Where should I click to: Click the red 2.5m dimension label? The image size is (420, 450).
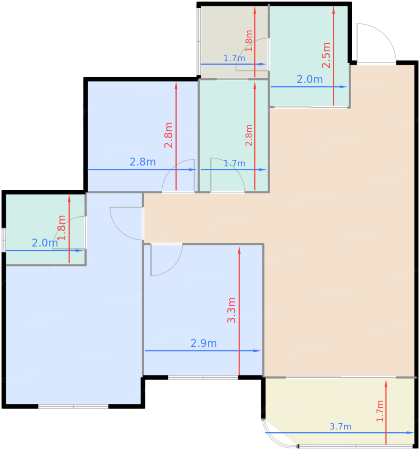click(326, 55)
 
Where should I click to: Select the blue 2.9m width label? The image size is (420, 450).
click(204, 343)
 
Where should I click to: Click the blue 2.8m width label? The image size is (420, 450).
click(143, 162)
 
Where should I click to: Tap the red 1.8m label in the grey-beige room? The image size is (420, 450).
click(249, 41)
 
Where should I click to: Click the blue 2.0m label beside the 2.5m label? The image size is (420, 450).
click(310, 79)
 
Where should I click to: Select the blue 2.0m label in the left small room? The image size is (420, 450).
click(45, 243)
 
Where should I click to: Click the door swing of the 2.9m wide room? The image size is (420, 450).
click(167, 260)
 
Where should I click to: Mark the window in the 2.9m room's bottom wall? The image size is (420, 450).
click(203, 377)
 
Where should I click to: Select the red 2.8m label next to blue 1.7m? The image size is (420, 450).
click(249, 135)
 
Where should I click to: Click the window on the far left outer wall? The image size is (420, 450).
click(4, 240)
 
